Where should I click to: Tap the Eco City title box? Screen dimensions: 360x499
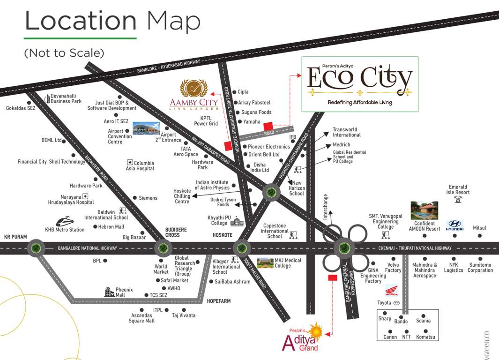tap(359, 84)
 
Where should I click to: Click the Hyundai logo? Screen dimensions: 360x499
tap(454, 225)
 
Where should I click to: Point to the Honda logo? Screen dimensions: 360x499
tap(391, 291)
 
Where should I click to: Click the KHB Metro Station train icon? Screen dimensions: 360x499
tap(65, 221)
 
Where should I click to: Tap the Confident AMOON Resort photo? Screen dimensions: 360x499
tap(424, 210)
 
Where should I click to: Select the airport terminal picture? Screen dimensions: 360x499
tap(146, 128)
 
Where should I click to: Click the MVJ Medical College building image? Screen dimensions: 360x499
tap(265, 262)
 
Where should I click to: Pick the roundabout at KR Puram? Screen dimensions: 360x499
tap(36, 247)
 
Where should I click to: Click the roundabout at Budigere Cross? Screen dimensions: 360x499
tap(163, 248)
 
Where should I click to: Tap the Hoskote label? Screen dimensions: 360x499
tap(223, 235)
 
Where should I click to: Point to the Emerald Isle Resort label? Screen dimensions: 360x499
tap(458, 190)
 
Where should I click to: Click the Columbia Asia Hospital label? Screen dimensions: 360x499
tap(140, 165)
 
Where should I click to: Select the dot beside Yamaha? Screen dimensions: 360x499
tap(239, 122)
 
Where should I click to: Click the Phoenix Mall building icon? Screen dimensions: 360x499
tap(110, 292)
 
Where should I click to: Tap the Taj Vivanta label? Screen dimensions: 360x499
tap(184, 315)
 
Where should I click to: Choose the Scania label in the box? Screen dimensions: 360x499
tap(423, 321)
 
